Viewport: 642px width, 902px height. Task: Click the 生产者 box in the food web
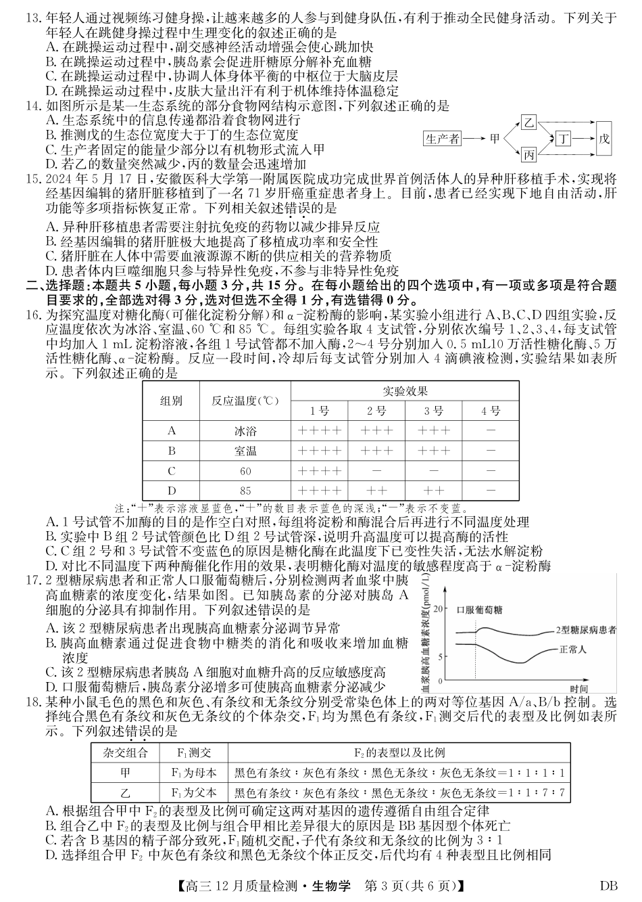click(443, 139)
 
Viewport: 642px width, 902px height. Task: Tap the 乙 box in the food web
click(529, 122)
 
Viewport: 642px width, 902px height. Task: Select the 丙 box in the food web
click(529, 156)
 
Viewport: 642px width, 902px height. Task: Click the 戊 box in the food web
click(604, 139)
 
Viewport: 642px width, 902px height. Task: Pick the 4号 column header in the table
click(491, 411)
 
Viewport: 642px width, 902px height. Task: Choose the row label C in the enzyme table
click(172, 471)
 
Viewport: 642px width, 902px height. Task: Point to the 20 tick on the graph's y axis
click(442, 609)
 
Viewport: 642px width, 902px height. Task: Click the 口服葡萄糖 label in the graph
click(480, 610)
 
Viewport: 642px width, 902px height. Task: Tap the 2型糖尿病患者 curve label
click(586, 630)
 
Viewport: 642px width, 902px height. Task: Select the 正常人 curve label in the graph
click(573, 649)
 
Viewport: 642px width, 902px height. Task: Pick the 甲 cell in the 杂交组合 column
click(124, 773)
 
